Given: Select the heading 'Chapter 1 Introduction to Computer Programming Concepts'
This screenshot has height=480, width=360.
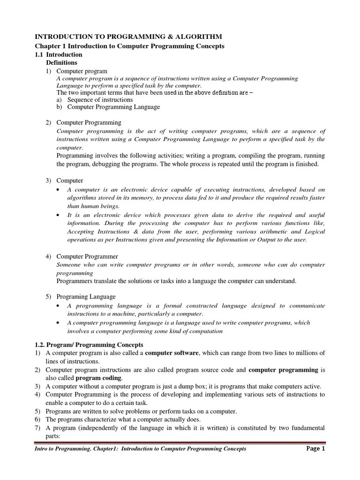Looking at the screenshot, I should point(130,46).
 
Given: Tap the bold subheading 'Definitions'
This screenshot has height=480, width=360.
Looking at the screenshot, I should point(61,62).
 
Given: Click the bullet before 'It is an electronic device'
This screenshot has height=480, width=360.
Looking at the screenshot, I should point(57,215).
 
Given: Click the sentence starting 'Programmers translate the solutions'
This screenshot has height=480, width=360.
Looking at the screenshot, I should point(176,281).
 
